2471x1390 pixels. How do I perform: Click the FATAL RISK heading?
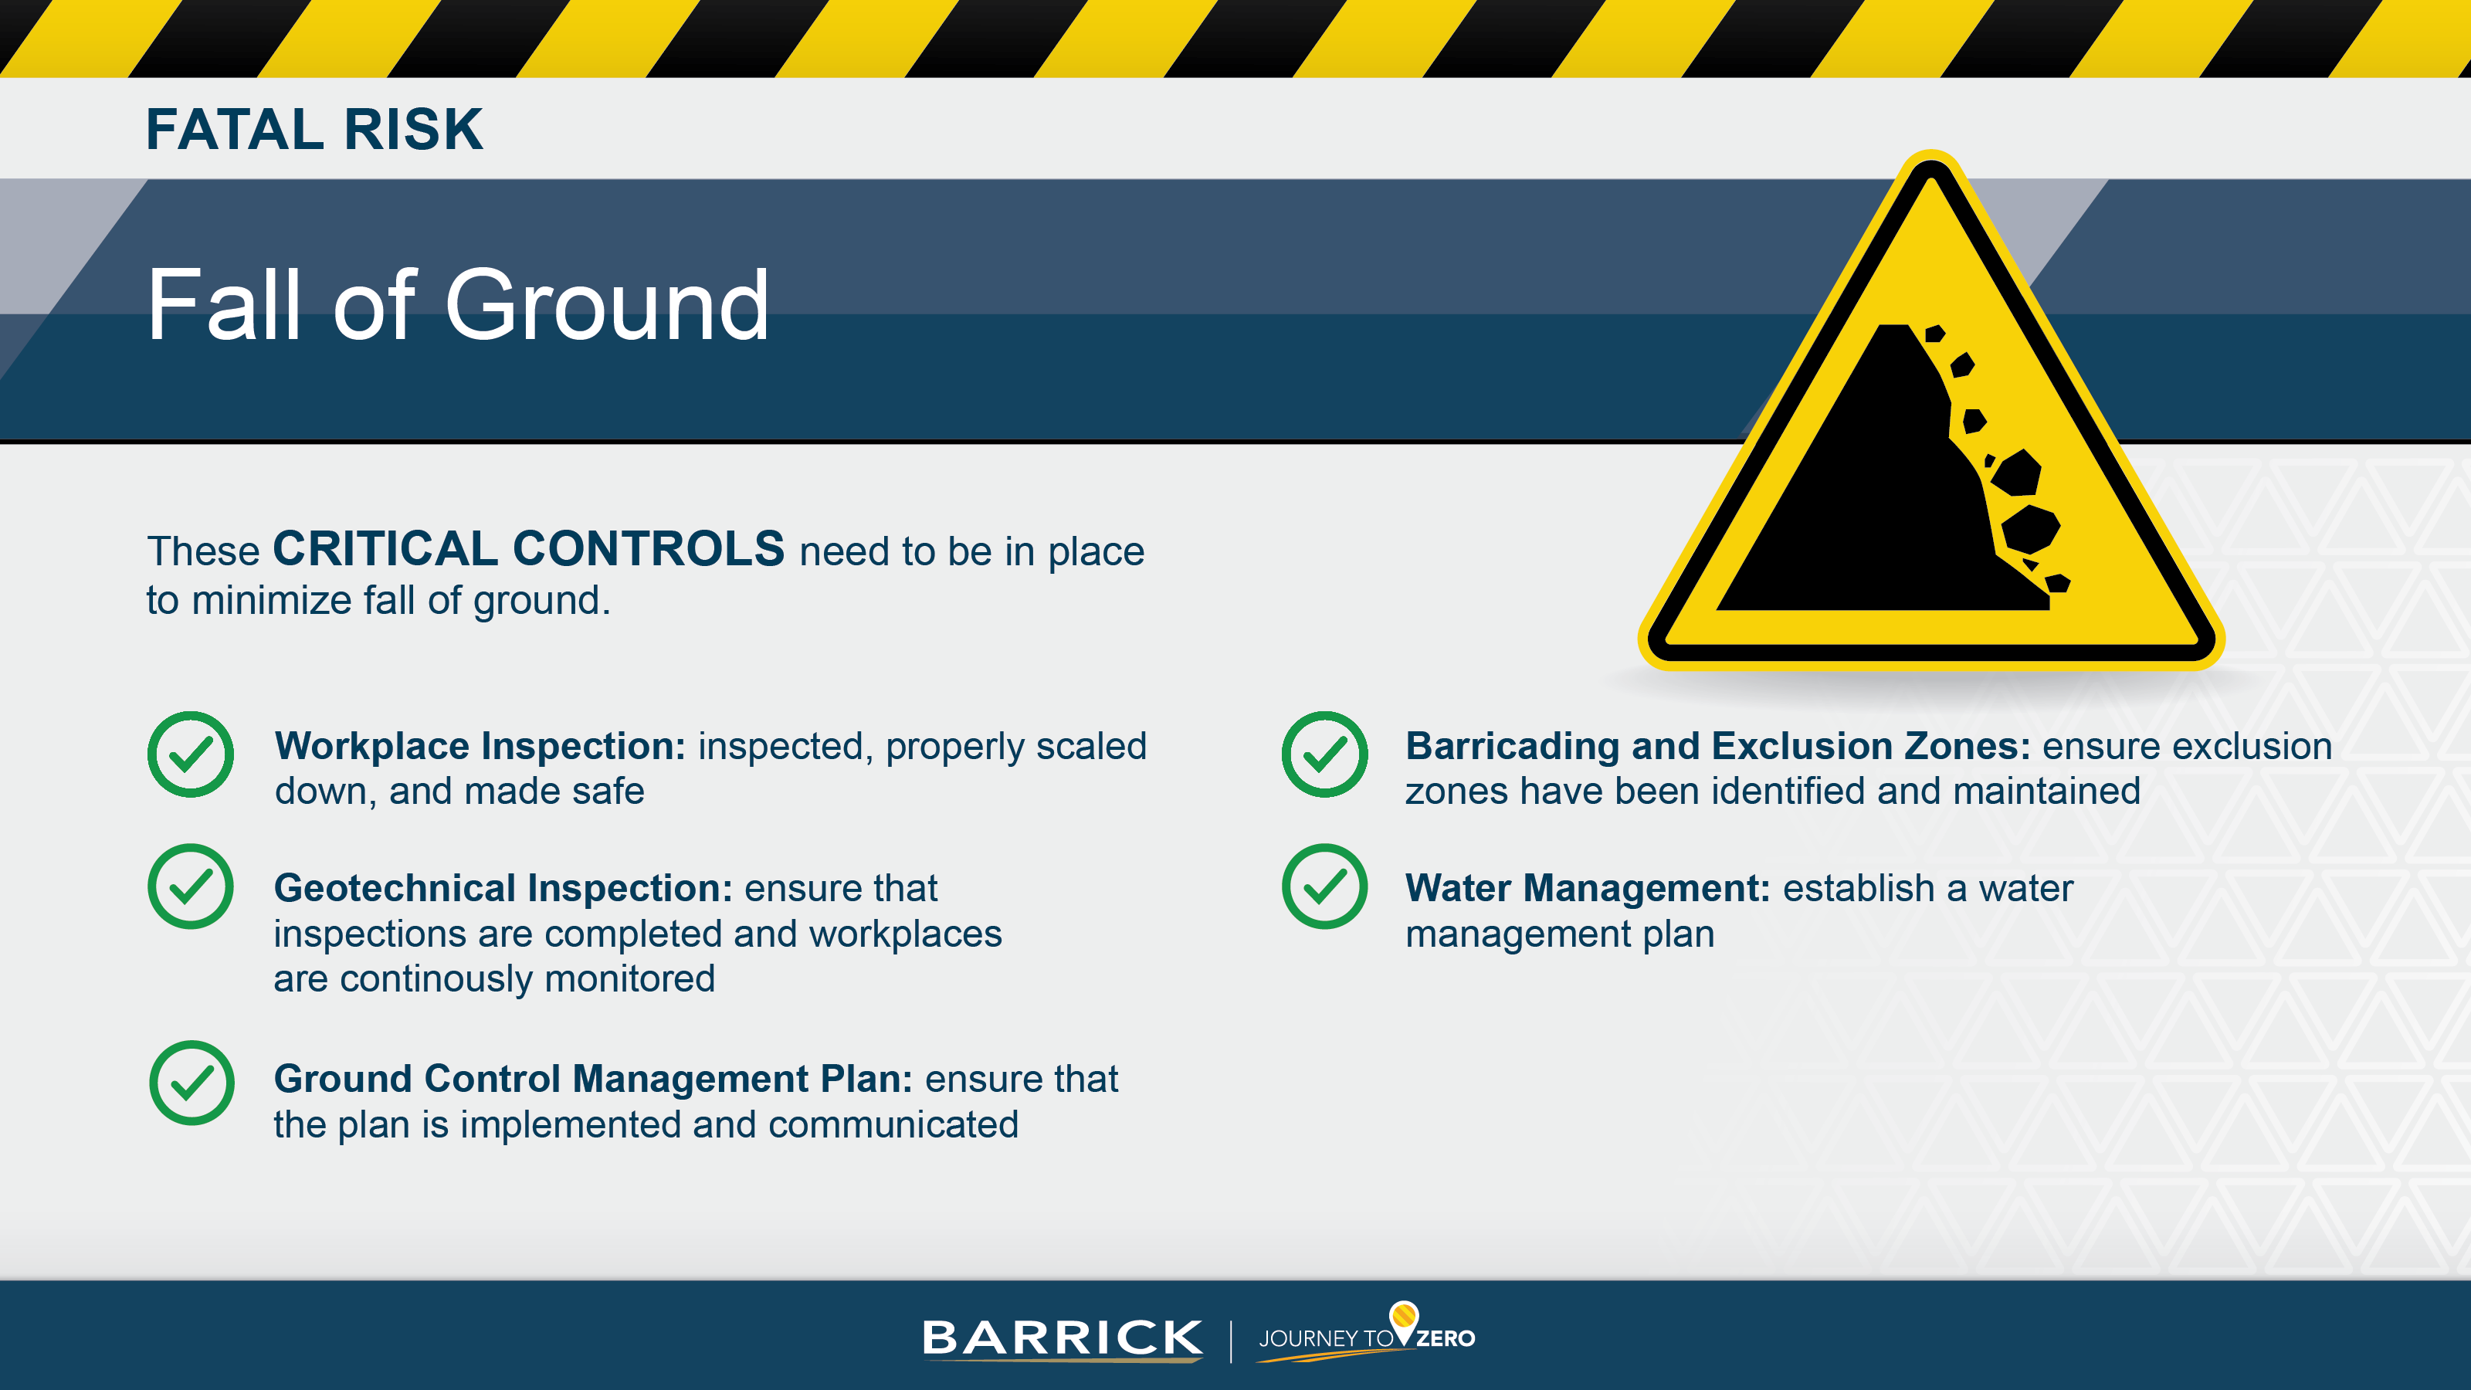click(x=314, y=130)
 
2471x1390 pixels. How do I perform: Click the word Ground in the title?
click(x=606, y=305)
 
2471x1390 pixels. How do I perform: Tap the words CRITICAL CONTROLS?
click(x=528, y=550)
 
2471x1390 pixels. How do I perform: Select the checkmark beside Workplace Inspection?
click(x=190, y=754)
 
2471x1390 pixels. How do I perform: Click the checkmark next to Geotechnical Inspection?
click(x=190, y=887)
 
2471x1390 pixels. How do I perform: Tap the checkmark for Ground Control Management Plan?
click(x=192, y=1083)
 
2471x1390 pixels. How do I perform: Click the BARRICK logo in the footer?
click(x=1061, y=1337)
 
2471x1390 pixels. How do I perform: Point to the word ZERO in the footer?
click(x=1446, y=1339)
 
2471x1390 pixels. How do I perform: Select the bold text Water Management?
click(x=1587, y=888)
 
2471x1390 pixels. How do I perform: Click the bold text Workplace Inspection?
click(x=480, y=746)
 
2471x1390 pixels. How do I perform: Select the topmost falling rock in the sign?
click(x=1935, y=334)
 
